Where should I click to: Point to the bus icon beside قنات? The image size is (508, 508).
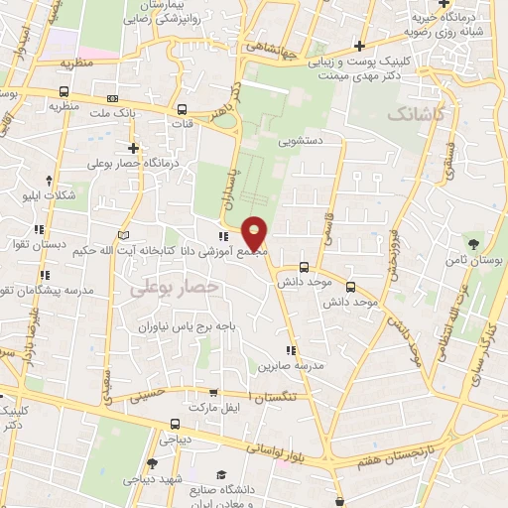coord(182,111)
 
